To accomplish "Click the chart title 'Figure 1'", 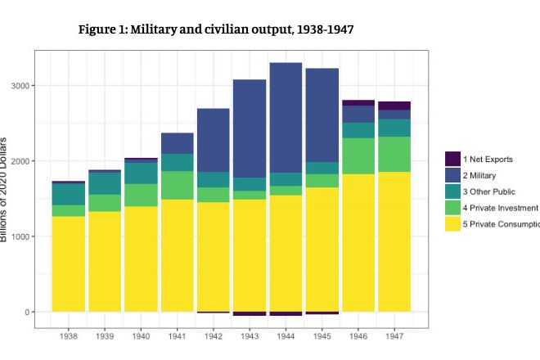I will click(x=216, y=29).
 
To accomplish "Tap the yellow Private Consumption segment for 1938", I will click(x=69, y=263).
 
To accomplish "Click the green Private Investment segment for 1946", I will click(x=358, y=156).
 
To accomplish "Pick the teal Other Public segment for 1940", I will click(x=141, y=173).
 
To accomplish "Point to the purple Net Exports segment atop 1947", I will click(x=394, y=106).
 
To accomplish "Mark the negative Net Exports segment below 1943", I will click(x=250, y=313).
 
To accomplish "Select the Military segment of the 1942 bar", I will click(x=214, y=140).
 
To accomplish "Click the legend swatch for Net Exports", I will click(x=452, y=159).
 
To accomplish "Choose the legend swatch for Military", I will click(x=452, y=175).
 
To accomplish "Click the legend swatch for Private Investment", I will click(x=452, y=208).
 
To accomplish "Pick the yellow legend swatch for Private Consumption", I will click(x=452, y=224).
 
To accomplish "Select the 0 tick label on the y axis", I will click(x=26, y=313).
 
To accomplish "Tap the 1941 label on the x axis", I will click(x=177, y=336).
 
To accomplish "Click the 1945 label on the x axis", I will click(x=322, y=336).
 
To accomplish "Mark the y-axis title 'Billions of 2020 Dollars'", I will click(x=5, y=196).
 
